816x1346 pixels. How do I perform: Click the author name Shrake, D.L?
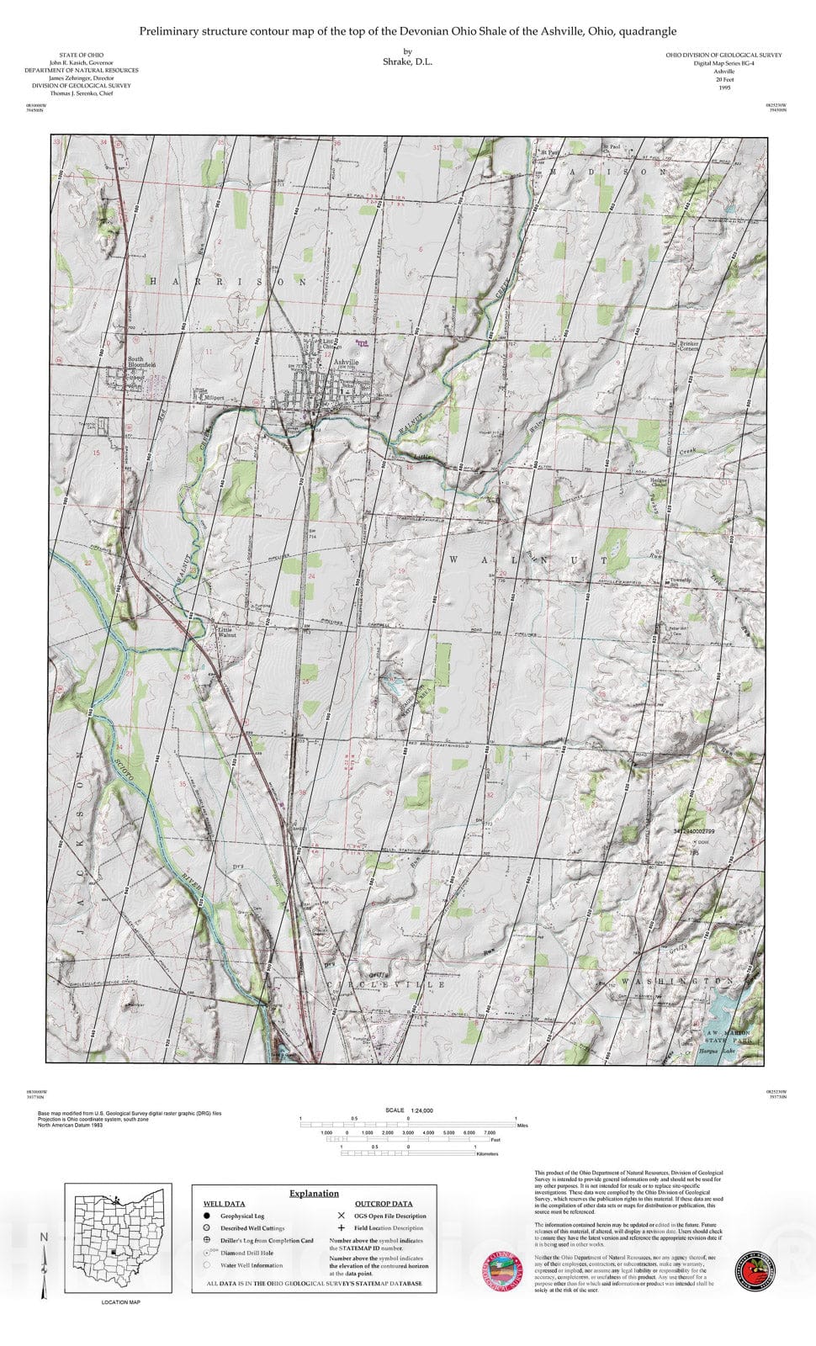[x=407, y=62]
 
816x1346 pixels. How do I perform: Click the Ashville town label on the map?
[x=345, y=362]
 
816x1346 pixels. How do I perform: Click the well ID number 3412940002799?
[x=694, y=830]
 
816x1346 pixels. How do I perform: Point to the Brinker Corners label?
[x=689, y=346]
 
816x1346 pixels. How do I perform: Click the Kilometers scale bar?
[x=408, y=1153]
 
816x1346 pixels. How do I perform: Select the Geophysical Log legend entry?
[x=242, y=1216]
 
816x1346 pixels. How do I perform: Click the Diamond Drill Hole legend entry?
[x=246, y=1253]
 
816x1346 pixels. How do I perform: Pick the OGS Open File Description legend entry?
[x=389, y=1216]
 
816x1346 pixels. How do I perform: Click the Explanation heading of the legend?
[x=314, y=1193]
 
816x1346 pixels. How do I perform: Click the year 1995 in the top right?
[x=723, y=87]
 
